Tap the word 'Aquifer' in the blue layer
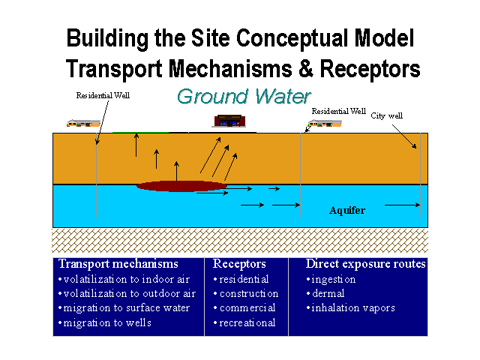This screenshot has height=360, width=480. pos(347,211)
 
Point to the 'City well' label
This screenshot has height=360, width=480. pos(387,116)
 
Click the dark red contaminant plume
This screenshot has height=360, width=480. pos(181,185)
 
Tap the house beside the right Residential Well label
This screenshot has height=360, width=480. pos(327,121)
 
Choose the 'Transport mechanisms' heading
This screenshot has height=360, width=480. pos(118,264)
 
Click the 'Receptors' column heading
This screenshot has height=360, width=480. pos(239,264)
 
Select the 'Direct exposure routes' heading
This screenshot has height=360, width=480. pos(366,264)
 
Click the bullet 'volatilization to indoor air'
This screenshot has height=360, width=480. pos(127,279)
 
